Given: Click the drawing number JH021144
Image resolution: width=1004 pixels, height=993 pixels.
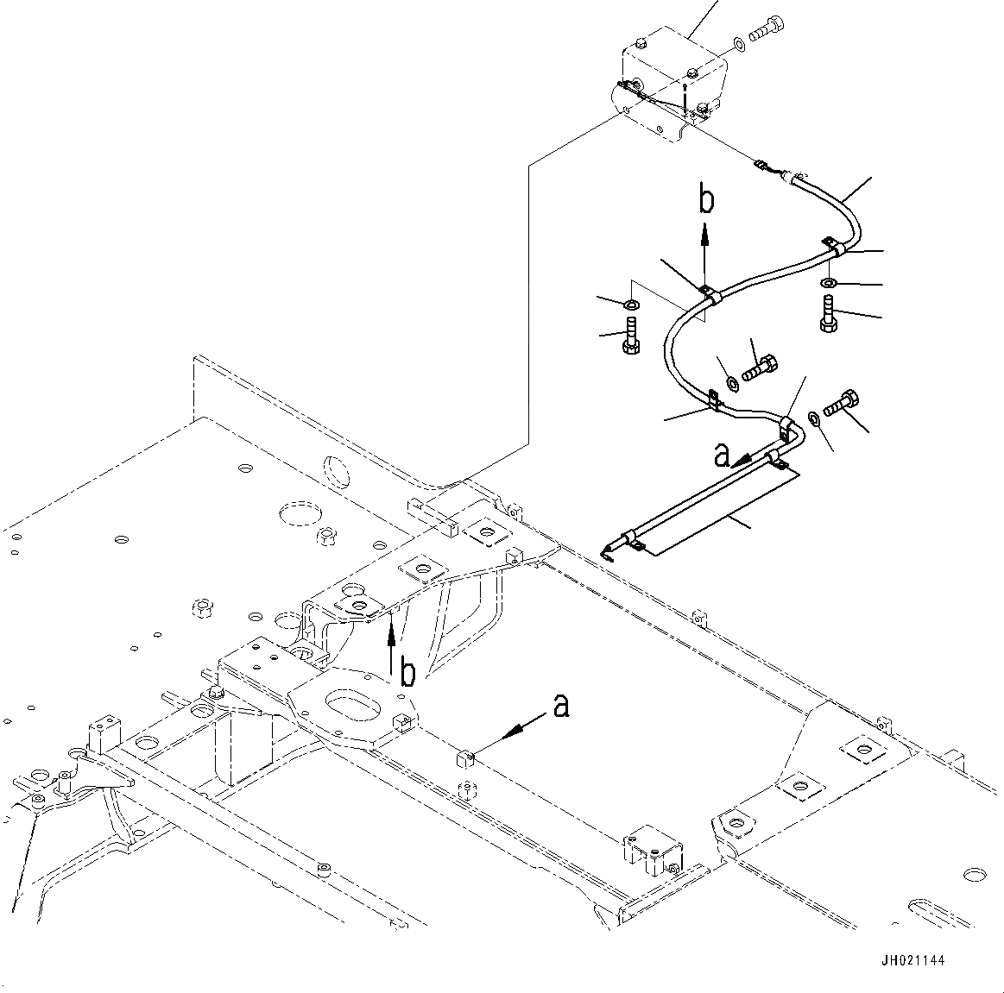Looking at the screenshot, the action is pos(912,959).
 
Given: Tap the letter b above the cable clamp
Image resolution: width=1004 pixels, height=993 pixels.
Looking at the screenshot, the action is pos(706,200).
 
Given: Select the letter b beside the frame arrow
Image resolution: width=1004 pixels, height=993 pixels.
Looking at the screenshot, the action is pos(407,672).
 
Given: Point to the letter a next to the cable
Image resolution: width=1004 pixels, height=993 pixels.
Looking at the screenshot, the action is pos(722,456).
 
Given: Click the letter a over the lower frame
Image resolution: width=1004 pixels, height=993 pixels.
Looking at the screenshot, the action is pos(561,706).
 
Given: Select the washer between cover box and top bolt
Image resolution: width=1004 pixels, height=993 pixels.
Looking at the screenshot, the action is pos(738,44).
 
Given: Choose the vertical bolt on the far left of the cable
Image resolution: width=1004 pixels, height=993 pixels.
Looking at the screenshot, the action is pos(631,335).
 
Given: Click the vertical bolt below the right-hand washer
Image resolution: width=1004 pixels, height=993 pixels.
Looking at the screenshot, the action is pos(828,313).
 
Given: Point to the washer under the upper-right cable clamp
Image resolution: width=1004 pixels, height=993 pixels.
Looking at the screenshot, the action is pos(830,282).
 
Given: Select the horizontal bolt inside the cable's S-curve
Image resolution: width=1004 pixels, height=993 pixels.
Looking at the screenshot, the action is pos(760,367).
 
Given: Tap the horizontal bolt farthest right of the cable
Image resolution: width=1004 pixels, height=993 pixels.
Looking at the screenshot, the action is pos(841,403).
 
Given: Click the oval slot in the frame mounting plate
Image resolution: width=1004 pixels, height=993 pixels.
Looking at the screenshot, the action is pos(350,697).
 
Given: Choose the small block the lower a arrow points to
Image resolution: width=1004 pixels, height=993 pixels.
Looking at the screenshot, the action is pos(464,758).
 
